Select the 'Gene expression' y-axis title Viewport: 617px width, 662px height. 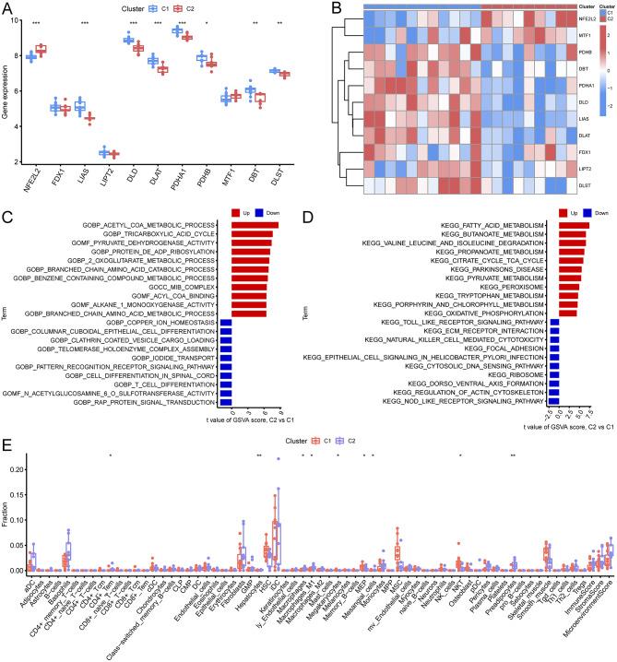8,91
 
